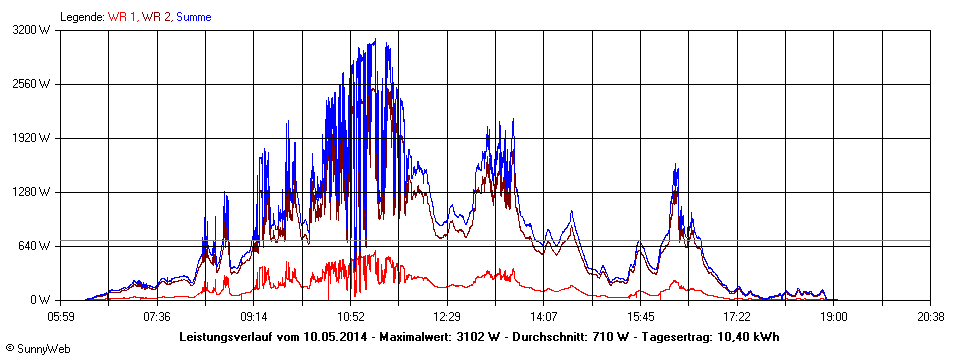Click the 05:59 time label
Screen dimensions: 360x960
[x=60, y=317]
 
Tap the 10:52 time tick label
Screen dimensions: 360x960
[x=350, y=317]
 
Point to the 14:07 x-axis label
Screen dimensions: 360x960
[x=543, y=317]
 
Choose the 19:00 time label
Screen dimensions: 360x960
[x=834, y=317]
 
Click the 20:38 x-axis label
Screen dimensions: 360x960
[x=930, y=317]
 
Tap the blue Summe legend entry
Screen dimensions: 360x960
[x=193, y=17]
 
